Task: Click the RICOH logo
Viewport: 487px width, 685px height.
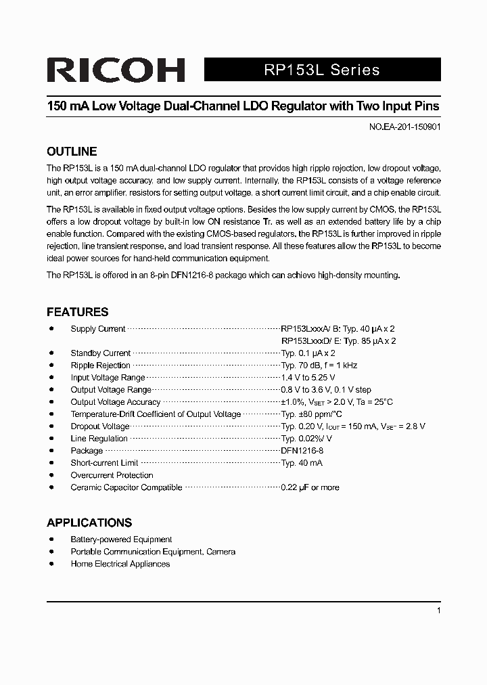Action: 115,70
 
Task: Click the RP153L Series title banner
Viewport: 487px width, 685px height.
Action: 321,70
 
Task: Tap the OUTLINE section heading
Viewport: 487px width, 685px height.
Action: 72,152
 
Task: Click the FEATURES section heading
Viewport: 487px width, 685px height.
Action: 77,312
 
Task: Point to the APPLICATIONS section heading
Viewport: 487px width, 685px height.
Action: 89,523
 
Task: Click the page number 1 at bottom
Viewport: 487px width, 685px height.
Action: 439,611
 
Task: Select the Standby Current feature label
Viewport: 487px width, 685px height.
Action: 100,353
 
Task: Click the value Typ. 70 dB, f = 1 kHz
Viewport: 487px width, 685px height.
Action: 319,366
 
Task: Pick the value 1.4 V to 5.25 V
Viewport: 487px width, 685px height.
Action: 308,378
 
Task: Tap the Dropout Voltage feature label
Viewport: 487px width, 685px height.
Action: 99,426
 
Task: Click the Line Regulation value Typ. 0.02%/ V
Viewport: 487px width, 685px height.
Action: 306,439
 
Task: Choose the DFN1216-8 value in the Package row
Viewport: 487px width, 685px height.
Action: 302,451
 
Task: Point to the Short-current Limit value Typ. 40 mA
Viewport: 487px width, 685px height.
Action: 302,463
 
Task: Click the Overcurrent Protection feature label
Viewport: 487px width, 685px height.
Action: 112,475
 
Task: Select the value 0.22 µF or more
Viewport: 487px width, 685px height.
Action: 310,487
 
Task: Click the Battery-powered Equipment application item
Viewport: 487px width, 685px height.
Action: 121,539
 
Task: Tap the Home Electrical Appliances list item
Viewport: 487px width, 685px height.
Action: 120,564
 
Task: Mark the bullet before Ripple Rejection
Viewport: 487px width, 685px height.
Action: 52,366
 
